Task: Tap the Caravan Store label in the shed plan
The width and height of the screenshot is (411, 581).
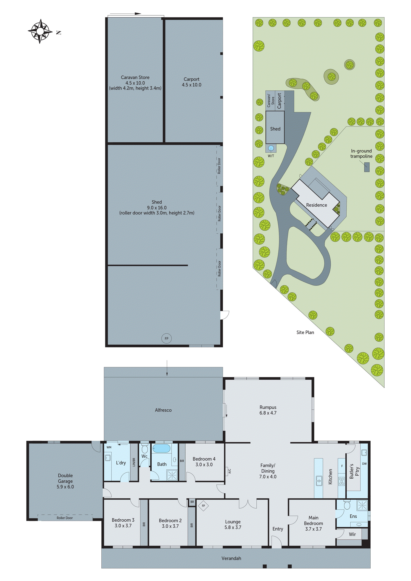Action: [135, 77]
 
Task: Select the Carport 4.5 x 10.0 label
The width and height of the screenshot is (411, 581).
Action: [191, 82]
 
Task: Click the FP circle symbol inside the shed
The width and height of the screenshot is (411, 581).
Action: [166, 338]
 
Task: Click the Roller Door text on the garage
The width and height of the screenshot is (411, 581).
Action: [65, 518]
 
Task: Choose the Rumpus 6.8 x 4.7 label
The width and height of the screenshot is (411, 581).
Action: [268, 410]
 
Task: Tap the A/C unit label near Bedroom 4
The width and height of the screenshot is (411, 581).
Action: [229, 471]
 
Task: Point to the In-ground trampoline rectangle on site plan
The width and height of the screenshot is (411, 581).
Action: [367, 167]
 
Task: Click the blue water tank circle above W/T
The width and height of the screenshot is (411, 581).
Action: [271, 148]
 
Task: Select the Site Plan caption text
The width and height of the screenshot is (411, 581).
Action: [305, 332]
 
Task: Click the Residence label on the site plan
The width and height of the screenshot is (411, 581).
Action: [316, 205]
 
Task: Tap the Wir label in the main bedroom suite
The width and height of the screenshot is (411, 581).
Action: [352, 534]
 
